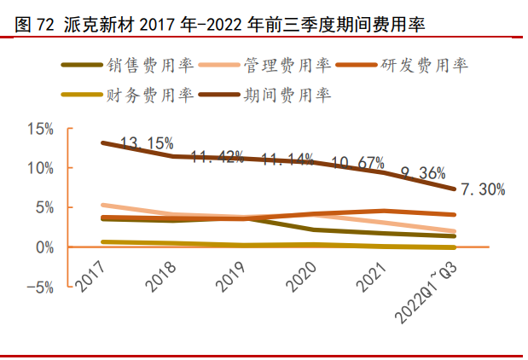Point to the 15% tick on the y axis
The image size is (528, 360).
point(40,129)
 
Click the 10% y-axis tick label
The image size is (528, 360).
point(40,168)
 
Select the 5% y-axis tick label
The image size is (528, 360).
point(44,207)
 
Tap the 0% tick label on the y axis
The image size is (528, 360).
point(44,247)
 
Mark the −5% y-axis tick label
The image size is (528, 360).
point(38,287)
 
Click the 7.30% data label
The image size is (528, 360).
point(483,189)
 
